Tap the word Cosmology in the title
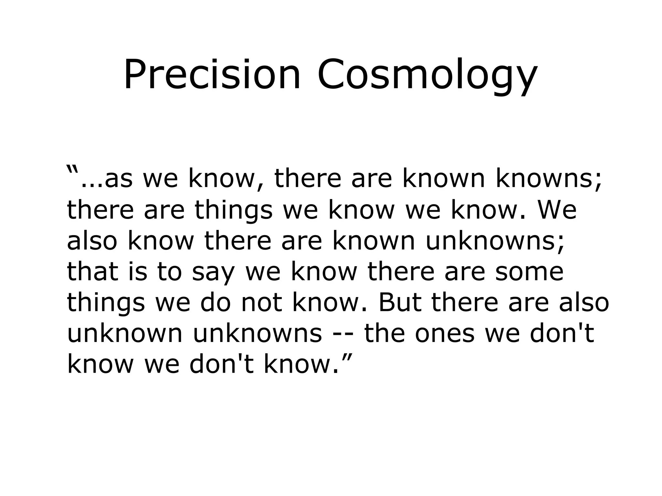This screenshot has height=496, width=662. [427, 75]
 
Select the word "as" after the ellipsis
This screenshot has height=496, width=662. [118, 179]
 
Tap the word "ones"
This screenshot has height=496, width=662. [445, 334]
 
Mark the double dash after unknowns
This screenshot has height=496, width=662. [344, 334]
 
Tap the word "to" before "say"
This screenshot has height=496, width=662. [169, 272]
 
